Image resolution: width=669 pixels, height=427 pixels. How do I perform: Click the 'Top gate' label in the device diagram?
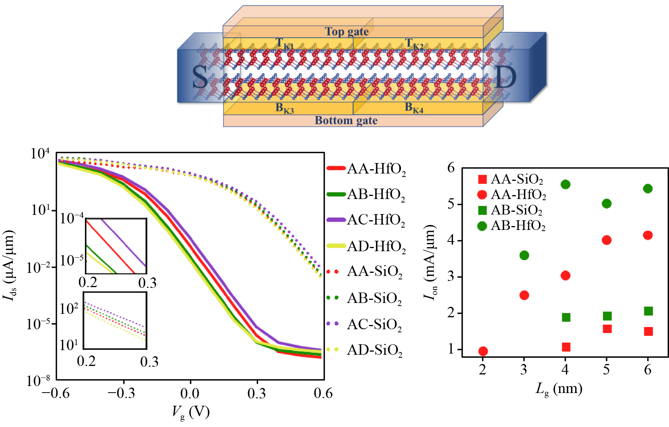click(x=346, y=31)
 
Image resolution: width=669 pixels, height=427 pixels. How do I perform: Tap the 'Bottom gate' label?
click(x=346, y=121)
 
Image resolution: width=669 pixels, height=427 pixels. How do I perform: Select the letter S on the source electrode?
click(x=200, y=77)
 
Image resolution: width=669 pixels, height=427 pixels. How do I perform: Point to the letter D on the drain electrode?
click(x=505, y=77)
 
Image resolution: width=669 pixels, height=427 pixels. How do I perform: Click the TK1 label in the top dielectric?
click(x=285, y=44)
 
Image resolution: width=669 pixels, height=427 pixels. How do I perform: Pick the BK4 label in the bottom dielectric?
click(x=414, y=108)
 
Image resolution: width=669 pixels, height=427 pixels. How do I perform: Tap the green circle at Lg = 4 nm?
click(x=566, y=184)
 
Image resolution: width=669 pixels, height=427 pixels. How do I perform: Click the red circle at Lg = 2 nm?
click(x=483, y=351)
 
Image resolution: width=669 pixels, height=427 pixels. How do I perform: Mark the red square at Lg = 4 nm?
click(x=566, y=347)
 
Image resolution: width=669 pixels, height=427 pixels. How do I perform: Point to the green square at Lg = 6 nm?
click(x=648, y=311)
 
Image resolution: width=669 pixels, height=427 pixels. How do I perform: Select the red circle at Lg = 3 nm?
click(x=524, y=295)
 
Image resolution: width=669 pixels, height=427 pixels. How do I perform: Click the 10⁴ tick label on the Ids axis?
click(x=40, y=154)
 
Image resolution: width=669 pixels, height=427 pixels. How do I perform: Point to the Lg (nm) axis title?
click(x=559, y=388)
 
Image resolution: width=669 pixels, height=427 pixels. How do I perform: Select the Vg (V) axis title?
click(x=191, y=412)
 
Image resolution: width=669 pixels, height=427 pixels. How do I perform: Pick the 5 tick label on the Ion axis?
click(x=451, y=204)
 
